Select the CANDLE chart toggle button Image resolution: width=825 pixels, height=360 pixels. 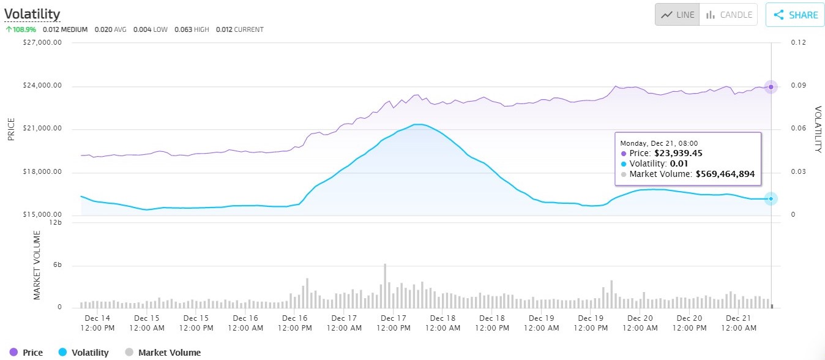coord(728,15)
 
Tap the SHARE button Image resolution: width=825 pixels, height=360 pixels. coord(795,15)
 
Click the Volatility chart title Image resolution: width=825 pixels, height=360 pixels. coord(32,13)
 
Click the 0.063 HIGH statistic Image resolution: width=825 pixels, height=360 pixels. coord(192,29)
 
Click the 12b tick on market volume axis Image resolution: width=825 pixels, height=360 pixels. coord(56,222)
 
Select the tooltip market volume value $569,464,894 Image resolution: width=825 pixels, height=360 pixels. coord(725,174)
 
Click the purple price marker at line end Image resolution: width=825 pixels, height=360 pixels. coord(771,87)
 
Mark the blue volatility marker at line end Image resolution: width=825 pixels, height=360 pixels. coord(771,198)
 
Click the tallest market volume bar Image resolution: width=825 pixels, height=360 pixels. coord(385,285)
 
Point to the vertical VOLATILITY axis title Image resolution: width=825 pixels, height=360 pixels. coord(817,129)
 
